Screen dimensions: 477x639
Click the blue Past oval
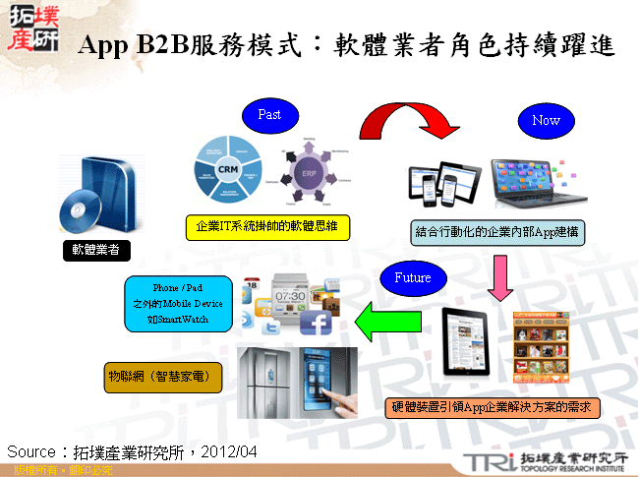tap(269, 115)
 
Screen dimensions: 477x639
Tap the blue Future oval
tap(412, 278)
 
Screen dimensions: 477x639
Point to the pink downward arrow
tap(499, 277)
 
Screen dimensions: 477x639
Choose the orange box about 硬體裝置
tap(492, 406)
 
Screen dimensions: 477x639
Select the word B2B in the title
tap(163, 45)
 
